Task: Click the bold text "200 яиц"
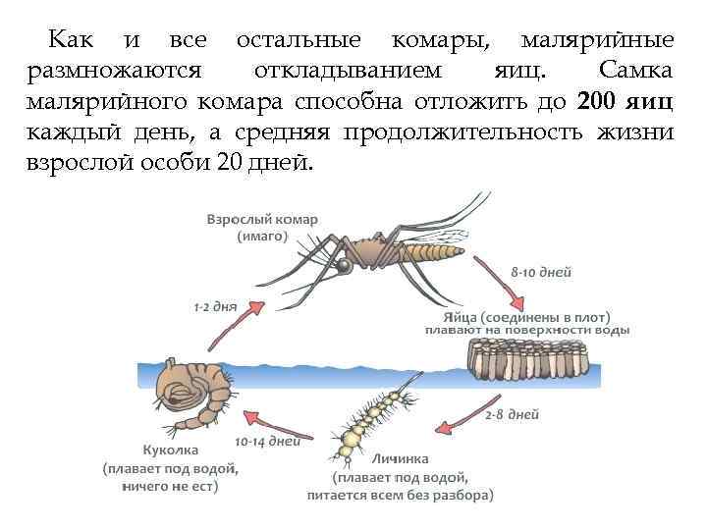pos(625,101)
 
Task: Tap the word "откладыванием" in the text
pos(347,71)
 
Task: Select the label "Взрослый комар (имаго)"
pos(262,227)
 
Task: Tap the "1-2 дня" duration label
pos(215,307)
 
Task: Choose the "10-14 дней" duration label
pos(267,441)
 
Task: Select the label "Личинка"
pos(398,458)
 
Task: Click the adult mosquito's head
pos(344,264)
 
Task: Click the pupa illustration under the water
pos(190,392)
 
